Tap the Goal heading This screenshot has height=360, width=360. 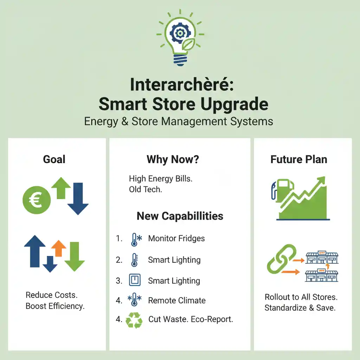54,159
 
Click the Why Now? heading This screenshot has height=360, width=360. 173,159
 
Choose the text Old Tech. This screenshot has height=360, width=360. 146,189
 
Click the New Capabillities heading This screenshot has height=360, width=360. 180,216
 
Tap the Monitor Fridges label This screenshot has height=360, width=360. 176,238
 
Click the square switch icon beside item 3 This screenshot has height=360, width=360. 135,280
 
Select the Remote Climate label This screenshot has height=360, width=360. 177,301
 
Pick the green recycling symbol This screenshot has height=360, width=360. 134,320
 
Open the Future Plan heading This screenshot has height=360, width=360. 299,159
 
